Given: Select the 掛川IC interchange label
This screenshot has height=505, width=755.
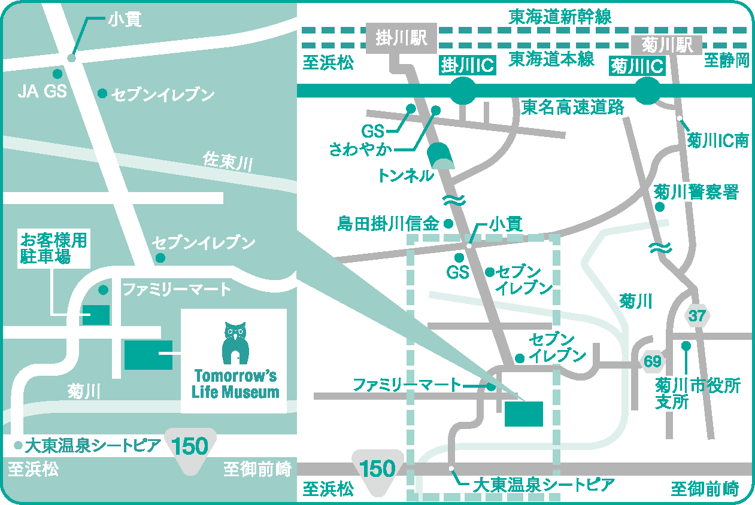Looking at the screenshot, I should (x=468, y=65).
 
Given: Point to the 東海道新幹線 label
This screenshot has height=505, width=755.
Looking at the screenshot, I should (x=560, y=17).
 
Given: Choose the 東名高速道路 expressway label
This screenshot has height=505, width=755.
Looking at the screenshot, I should (x=572, y=107).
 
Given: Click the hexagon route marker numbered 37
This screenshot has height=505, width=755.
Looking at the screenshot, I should (x=697, y=315).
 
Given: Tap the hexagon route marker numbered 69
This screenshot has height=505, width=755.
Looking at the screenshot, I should (x=653, y=361).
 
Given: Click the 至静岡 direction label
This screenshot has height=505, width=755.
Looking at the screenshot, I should (x=726, y=60).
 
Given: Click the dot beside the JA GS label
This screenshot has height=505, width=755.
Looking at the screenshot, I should (x=57, y=74).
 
